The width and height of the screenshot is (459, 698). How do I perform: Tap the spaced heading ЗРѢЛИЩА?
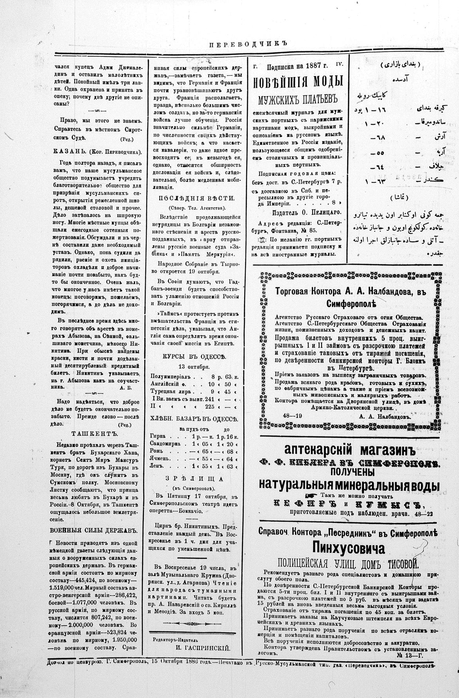coord(194,479)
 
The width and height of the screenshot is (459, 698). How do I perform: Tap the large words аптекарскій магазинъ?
coord(349,450)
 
